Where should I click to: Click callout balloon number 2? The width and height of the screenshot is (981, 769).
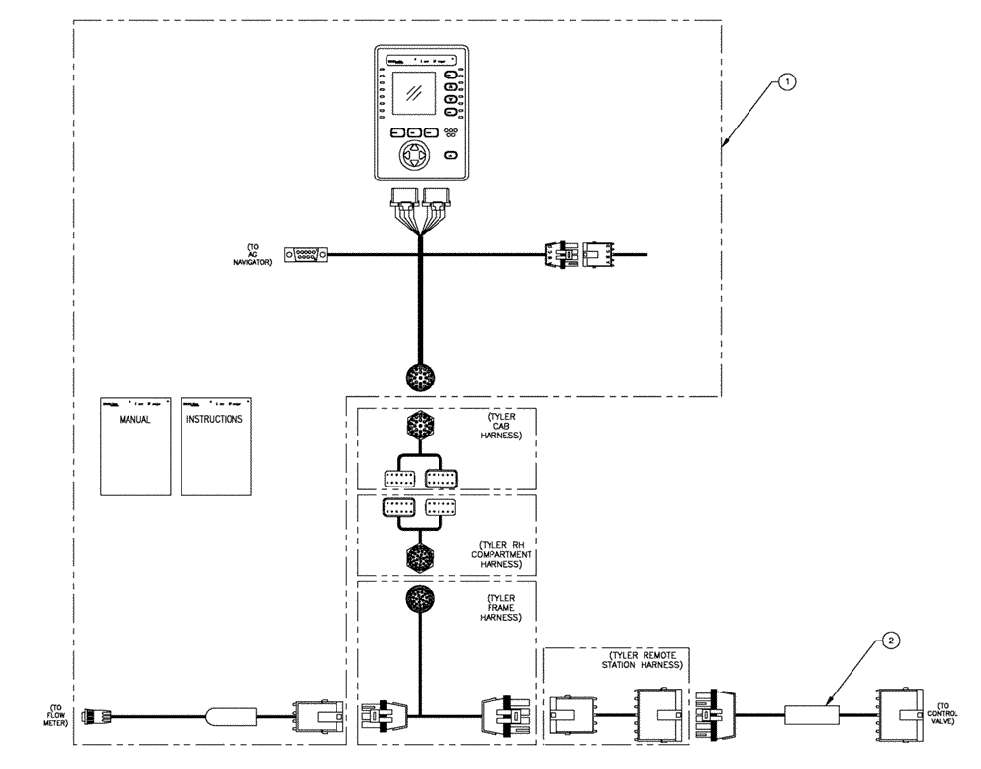pyautogui.click(x=890, y=641)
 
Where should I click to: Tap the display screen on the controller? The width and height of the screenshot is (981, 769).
pyautogui.click(x=416, y=95)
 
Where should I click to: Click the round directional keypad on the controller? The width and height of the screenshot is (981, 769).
pyautogui.click(x=417, y=158)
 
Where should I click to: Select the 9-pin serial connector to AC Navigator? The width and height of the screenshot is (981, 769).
pyautogui.click(x=305, y=255)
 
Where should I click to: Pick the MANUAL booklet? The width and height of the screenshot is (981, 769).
pyautogui.click(x=135, y=446)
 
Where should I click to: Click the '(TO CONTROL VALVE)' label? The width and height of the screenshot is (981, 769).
pyautogui.click(x=951, y=713)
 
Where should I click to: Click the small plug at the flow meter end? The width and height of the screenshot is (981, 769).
pyautogui.click(x=98, y=715)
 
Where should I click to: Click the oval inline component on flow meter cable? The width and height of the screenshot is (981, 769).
pyautogui.click(x=231, y=716)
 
